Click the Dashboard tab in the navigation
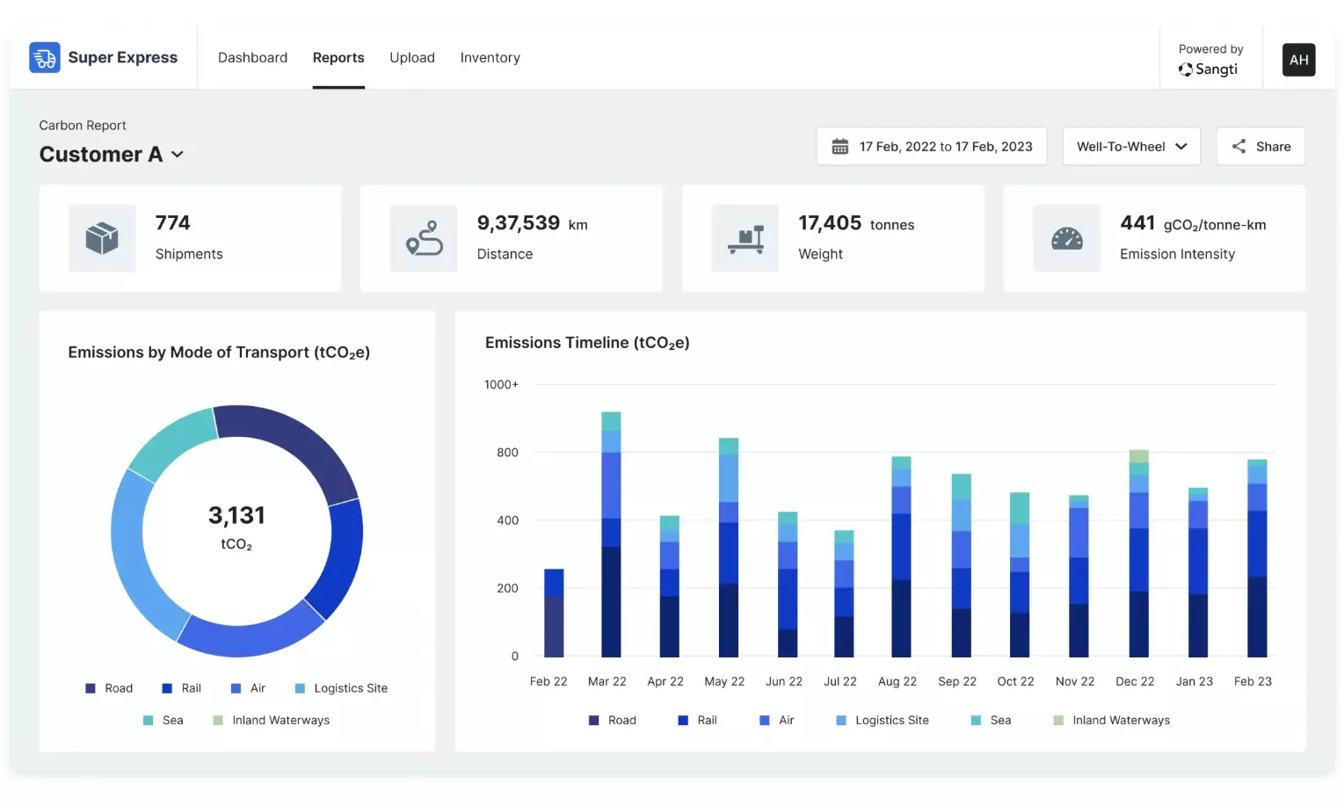click(x=252, y=58)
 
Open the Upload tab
click(x=412, y=58)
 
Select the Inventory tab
click(x=490, y=58)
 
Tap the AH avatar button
click(x=1298, y=60)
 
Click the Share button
click(x=1260, y=147)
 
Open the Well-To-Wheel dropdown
click(x=1130, y=147)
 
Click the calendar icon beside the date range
click(x=840, y=147)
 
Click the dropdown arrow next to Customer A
click(x=178, y=155)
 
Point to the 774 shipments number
click(x=172, y=223)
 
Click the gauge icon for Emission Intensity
click(x=1066, y=238)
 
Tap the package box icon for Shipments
click(x=102, y=238)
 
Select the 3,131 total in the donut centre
click(x=236, y=516)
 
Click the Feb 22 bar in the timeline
click(x=554, y=613)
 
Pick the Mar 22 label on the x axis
click(x=607, y=681)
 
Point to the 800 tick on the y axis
click(x=507, y=453)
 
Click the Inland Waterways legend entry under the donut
click(x=272, y=721)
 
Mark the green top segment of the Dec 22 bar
click(x=1138, y=456)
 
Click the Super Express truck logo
click(x=45, y=58)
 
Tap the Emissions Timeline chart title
click(x=587, y=343)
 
